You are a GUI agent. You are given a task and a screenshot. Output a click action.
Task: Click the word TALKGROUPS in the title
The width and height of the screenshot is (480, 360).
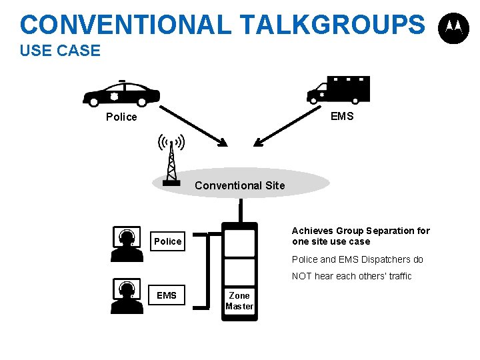point(331,25)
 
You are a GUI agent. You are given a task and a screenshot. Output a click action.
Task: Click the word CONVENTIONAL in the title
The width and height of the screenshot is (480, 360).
point(125,25)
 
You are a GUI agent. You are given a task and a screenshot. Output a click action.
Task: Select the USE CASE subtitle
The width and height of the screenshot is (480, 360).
point(60,51)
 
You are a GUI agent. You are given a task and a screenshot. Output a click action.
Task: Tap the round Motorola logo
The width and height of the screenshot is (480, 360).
point(453,28)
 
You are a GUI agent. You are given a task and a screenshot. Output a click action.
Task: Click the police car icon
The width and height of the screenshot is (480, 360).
point(121,94)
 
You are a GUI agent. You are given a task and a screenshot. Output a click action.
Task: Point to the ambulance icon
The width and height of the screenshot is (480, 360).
point(338,89)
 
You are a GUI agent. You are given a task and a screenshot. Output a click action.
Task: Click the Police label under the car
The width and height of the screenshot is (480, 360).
point(121,117)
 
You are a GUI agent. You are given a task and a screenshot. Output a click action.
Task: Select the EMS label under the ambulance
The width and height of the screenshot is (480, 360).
point(342,116)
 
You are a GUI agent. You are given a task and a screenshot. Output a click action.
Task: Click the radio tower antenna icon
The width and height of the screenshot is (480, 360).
point(171,159)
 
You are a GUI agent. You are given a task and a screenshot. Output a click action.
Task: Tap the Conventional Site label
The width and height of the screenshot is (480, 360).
point(240,185)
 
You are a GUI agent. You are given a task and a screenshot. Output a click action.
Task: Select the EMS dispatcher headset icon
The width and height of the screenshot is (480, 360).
point(125,295)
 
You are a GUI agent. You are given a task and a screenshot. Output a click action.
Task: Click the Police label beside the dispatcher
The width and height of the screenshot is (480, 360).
point(167,241)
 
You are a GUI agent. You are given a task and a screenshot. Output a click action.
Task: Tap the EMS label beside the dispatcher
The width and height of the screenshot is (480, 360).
point(167,295)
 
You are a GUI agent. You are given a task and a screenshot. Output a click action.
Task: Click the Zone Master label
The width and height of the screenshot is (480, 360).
point(239,301)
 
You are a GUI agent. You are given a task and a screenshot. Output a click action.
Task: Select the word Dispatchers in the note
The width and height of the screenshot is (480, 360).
point(383,259)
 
